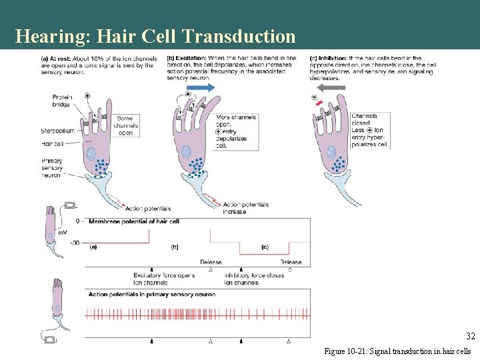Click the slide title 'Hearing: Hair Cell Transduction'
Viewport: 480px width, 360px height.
tap(155, 35)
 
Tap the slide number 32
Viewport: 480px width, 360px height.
tap(471, 337)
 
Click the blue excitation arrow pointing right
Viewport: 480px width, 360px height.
tap(200, 88)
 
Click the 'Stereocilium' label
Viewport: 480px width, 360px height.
tap(57, 131)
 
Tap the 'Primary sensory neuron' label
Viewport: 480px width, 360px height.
tap(52, 168)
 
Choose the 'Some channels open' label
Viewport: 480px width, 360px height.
tap(126, 125)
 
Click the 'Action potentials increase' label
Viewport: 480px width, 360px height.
tap(245, 208)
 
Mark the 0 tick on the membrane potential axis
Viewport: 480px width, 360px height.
tap(77, 221)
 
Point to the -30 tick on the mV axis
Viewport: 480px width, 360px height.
tap(75, 243)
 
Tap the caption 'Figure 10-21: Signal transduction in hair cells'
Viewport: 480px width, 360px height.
tap(397, 351)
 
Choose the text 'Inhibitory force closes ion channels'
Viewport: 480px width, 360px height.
tap(254, 279)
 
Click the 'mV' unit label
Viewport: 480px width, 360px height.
tap(62, 232)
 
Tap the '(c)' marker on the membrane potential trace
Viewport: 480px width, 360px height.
tap(265, 247)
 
